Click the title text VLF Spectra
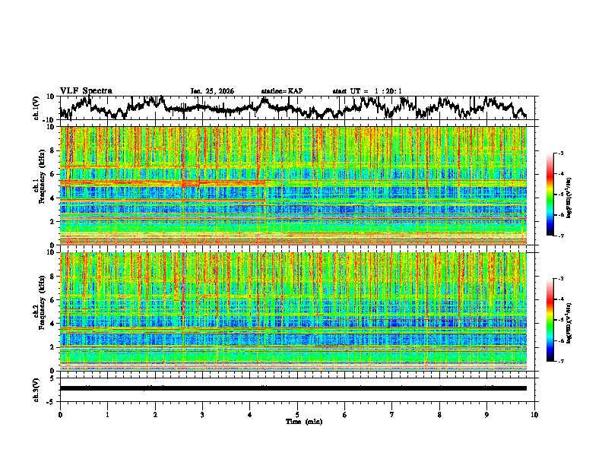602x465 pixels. tap(86, 90)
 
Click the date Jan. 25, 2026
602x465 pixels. tap(212, 91)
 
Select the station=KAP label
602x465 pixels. tap(282, 91)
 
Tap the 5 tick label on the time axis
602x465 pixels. tap(297, 414)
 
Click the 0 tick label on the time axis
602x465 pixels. tap(60, 414)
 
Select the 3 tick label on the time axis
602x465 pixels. tap(202, 414)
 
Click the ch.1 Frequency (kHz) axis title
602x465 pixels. tap(40, 186)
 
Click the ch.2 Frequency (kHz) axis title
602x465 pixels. tap(40, 312)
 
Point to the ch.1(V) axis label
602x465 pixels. tap(36, 108)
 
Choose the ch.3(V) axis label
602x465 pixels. tap(36, 388)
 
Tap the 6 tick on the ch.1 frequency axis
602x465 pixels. tap(54, 174)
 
